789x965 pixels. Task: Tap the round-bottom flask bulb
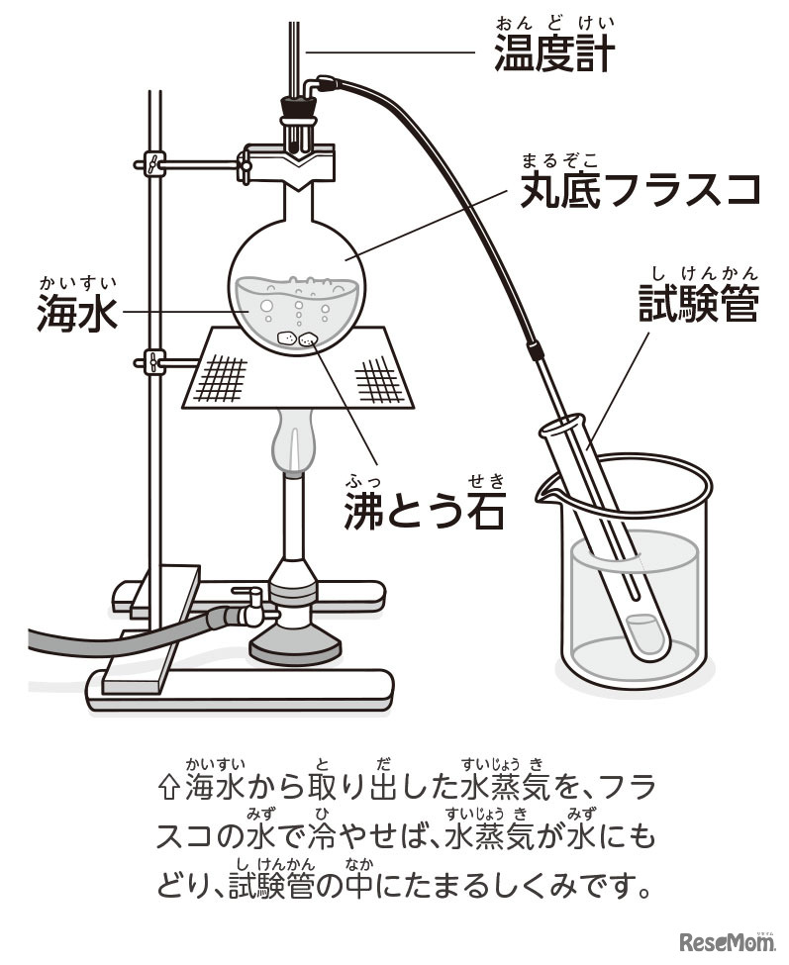click(297, 287)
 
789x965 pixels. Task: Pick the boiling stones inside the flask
click(297, 338)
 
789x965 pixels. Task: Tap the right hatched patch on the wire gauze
click(380, 380)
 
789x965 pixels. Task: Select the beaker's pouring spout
click(547, 492)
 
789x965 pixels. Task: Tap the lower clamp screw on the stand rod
click(154, 361)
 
